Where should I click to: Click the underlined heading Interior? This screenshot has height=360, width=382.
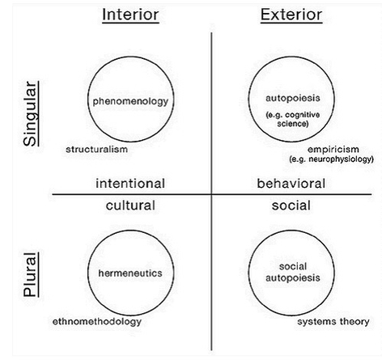tap(130, 15)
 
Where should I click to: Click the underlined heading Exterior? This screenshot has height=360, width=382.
tap(291, 15)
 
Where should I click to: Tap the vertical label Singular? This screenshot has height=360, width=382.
tap(30, 114)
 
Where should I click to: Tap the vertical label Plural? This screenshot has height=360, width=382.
tap(30, 275)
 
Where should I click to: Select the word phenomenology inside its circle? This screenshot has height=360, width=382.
tap(130, 101)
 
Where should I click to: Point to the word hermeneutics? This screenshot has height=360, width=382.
tap(130, 273)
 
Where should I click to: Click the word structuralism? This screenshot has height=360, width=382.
tap(96, 149)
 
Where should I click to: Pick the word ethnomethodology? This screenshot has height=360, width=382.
tap(97, 322)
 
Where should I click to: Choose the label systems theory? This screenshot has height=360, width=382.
tap(333, 321)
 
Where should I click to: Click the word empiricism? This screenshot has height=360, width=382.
tap(333, 150)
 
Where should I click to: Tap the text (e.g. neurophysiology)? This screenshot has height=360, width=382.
tap(332, 159)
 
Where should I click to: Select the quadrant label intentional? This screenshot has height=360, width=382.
tap(130, 184)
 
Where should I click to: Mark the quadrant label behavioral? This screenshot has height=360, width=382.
tap(291, 184)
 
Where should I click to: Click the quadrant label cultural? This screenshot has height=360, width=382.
tap(130, 205)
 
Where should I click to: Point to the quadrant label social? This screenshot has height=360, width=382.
tap(291, 205)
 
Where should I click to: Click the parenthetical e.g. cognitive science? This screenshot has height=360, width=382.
tap(293, 119)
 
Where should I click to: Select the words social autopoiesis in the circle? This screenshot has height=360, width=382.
tap(293, 272)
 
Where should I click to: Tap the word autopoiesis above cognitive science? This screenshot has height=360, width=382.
tap(293, 98)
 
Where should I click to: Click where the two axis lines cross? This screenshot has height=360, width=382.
tap(211, 194)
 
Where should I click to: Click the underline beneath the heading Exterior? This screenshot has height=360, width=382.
tap(291, 23)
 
